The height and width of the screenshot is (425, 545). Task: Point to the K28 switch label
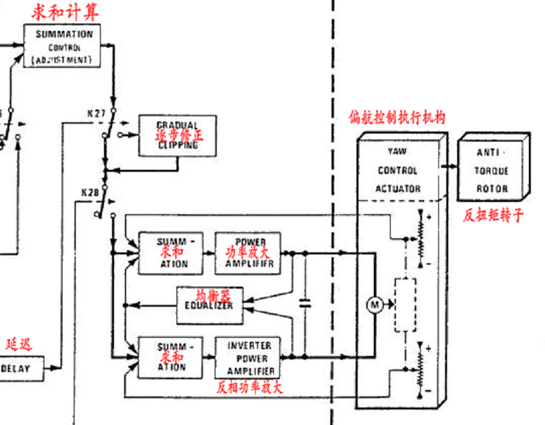pos(91,193)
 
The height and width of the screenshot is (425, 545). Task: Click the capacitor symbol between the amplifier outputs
pos(305,303)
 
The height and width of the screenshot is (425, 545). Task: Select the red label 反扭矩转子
pos(493,216)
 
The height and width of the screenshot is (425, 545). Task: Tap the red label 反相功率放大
pos(250,387)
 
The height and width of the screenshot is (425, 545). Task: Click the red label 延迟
pos(19,345)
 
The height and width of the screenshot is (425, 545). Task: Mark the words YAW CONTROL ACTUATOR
pos(397,171)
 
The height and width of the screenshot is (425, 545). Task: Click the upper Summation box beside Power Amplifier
pos(171,253)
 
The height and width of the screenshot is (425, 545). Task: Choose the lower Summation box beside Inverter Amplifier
pos(171,358)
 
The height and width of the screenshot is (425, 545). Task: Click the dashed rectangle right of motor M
pos(404,305)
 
